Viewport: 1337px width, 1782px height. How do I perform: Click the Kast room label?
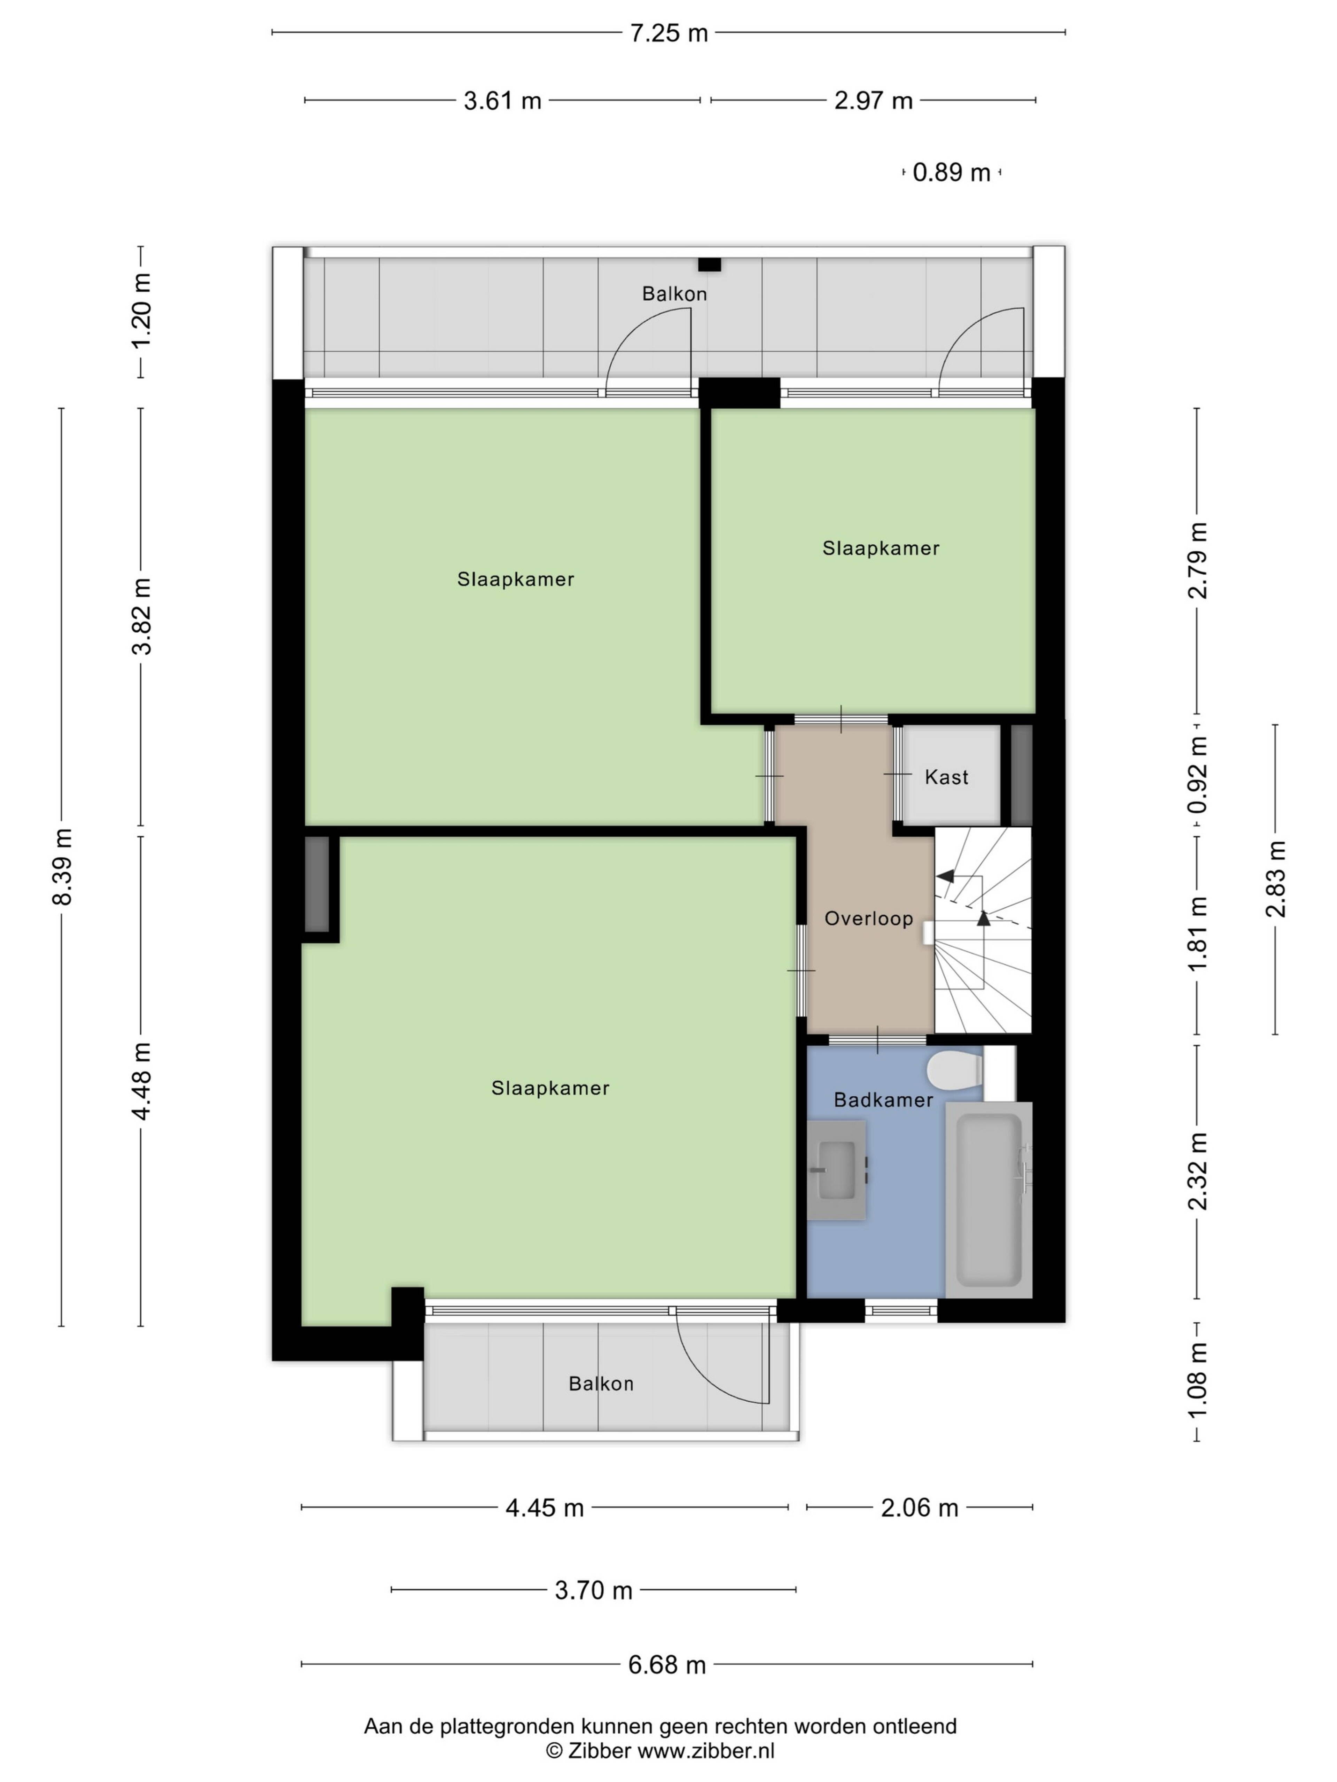coord(946,778)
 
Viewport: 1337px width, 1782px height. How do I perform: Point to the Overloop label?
coord(869,918)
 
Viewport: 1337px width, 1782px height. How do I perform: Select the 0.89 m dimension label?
coord(951,172)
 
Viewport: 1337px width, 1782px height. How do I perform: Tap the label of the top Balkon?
coord(674,294)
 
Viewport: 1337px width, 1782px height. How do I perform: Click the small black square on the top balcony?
coord(709,264)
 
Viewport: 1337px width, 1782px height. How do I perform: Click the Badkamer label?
coord(883,1099)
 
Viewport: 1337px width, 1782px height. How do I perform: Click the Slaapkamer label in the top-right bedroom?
coord(881,549)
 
